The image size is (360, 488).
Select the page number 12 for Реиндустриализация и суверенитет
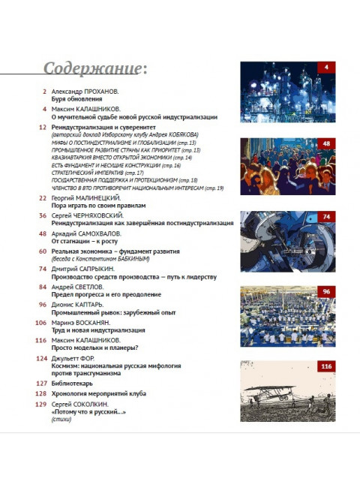pyautogui.click(x=43, y=128)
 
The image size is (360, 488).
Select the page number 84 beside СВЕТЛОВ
pyautogui.click(x=43, y=287)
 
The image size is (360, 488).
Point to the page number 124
pyautogui.click(x=41, y=358)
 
